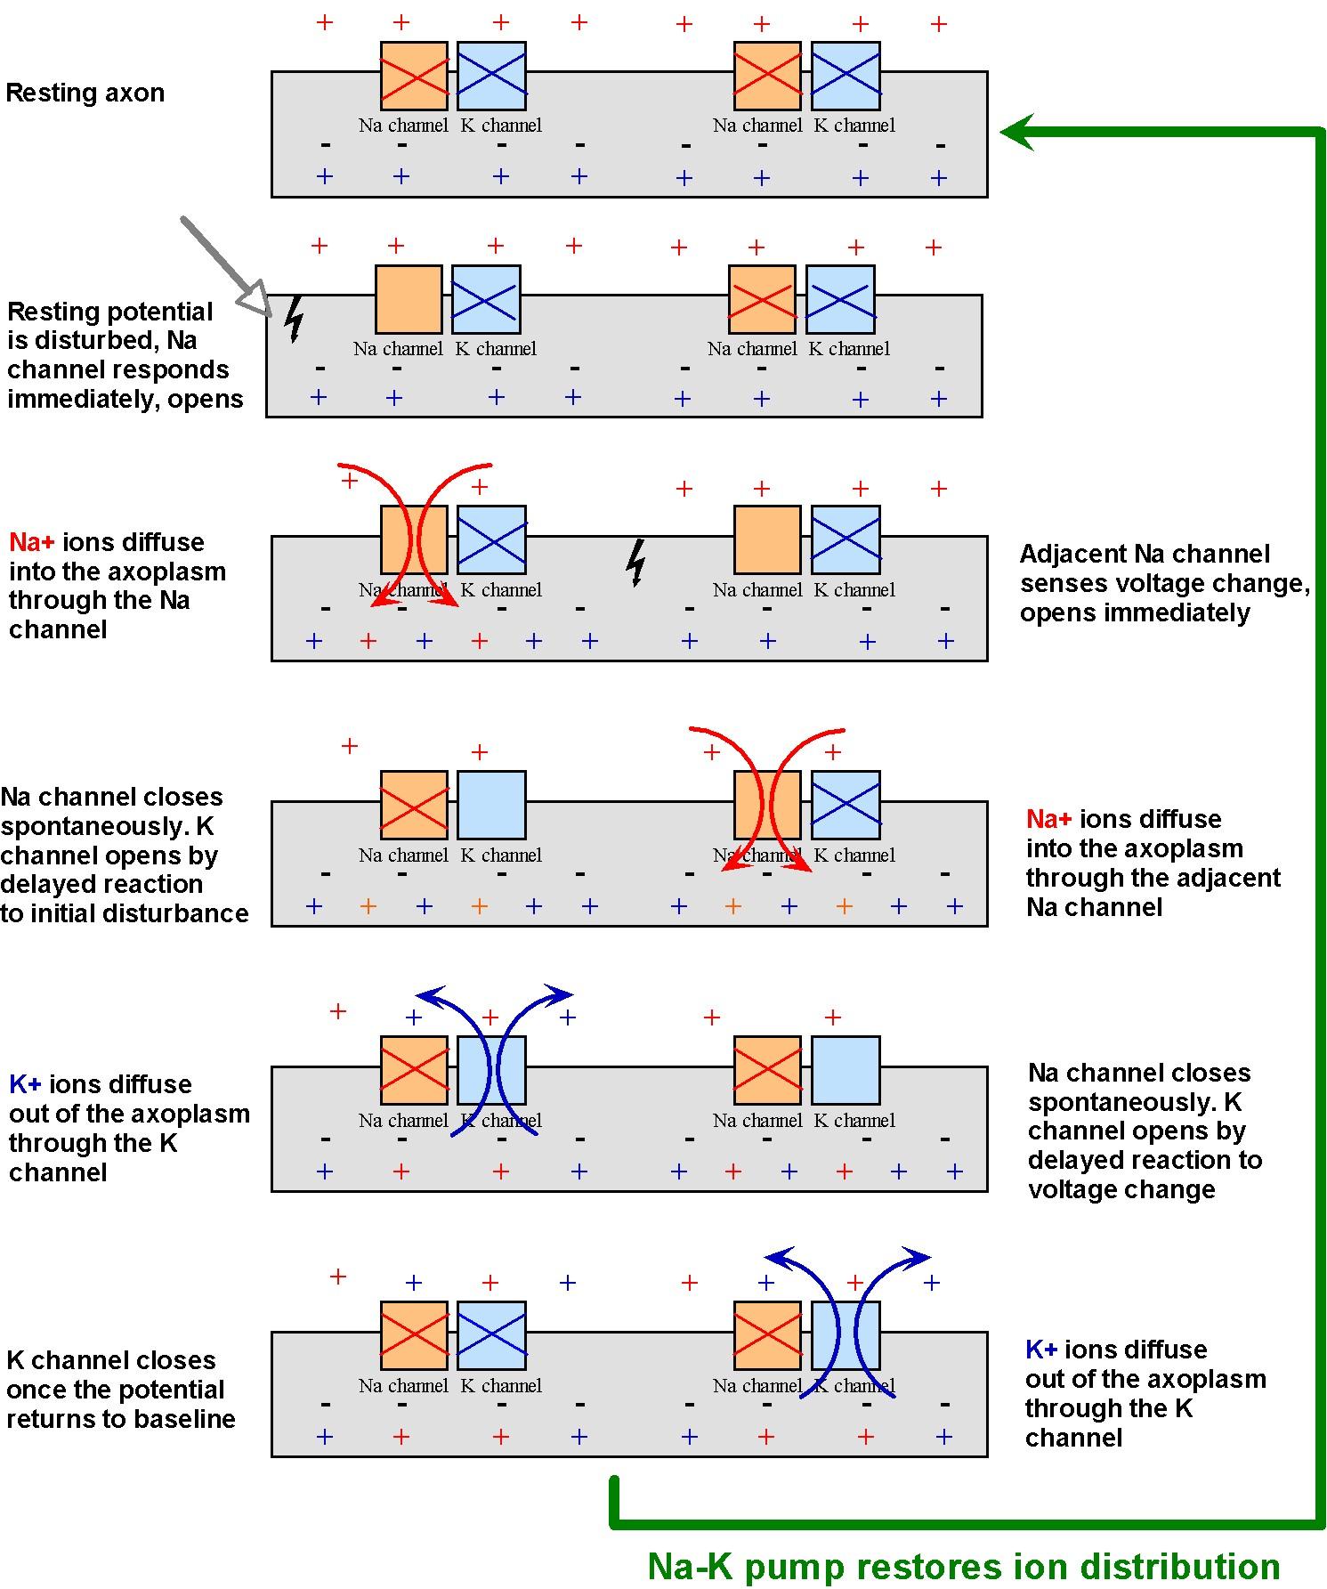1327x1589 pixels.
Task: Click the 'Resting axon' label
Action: coord(85,93)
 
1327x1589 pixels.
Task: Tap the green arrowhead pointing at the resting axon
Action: coord(1019,133)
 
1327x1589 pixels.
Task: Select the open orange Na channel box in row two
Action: coord(409,299)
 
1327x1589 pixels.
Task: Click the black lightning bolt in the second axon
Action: coord(294,320)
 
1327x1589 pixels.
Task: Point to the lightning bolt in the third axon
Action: coord(635,563)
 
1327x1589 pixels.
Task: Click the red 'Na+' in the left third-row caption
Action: coord(32,542)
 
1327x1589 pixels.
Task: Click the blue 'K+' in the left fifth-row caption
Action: coord(25,1084)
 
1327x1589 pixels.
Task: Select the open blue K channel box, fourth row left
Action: coord(491,805)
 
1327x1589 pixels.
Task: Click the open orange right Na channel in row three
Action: coord(767,539)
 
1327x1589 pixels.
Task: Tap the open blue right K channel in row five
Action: coord(846,1070)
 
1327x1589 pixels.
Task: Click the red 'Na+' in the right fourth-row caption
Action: coord(1048,819)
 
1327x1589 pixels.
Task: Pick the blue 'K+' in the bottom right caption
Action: coord(1041,1350)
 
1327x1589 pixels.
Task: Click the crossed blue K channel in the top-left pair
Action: coord(491,76)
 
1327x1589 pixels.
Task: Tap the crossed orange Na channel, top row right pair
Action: coord(767,76)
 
